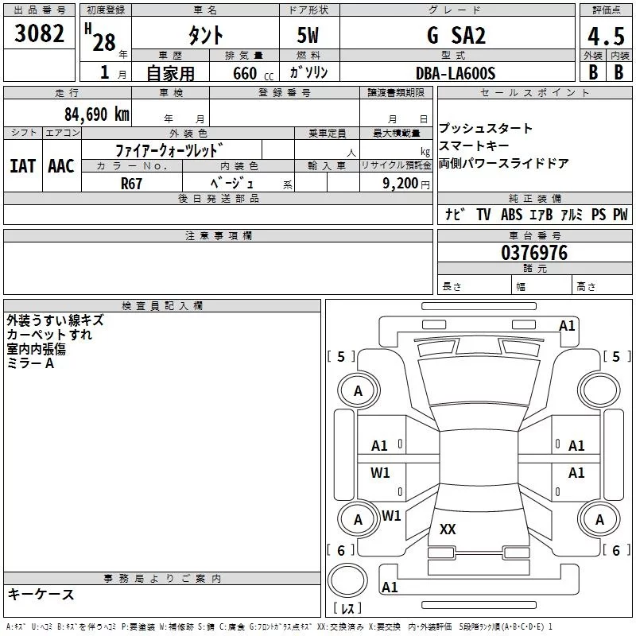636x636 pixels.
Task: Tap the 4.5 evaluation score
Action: point(604,36)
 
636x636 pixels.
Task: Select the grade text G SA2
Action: point(456,36)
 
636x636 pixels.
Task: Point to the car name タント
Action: point(205,36)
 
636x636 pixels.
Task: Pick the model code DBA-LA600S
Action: point(456,73)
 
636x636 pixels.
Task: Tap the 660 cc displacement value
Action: point(246,74)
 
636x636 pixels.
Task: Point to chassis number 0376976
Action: point(534,254)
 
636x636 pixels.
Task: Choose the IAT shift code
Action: point(22,165)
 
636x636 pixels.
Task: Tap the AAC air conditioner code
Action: point(61,165)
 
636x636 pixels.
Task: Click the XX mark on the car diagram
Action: point(448,529)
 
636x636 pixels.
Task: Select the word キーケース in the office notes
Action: point(41,595)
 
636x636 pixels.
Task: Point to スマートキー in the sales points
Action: point(475,146)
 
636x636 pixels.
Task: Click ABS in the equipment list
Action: point(511,215)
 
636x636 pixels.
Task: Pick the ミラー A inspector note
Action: point(30,363)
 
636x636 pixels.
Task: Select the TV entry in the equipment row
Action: point(483,215)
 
